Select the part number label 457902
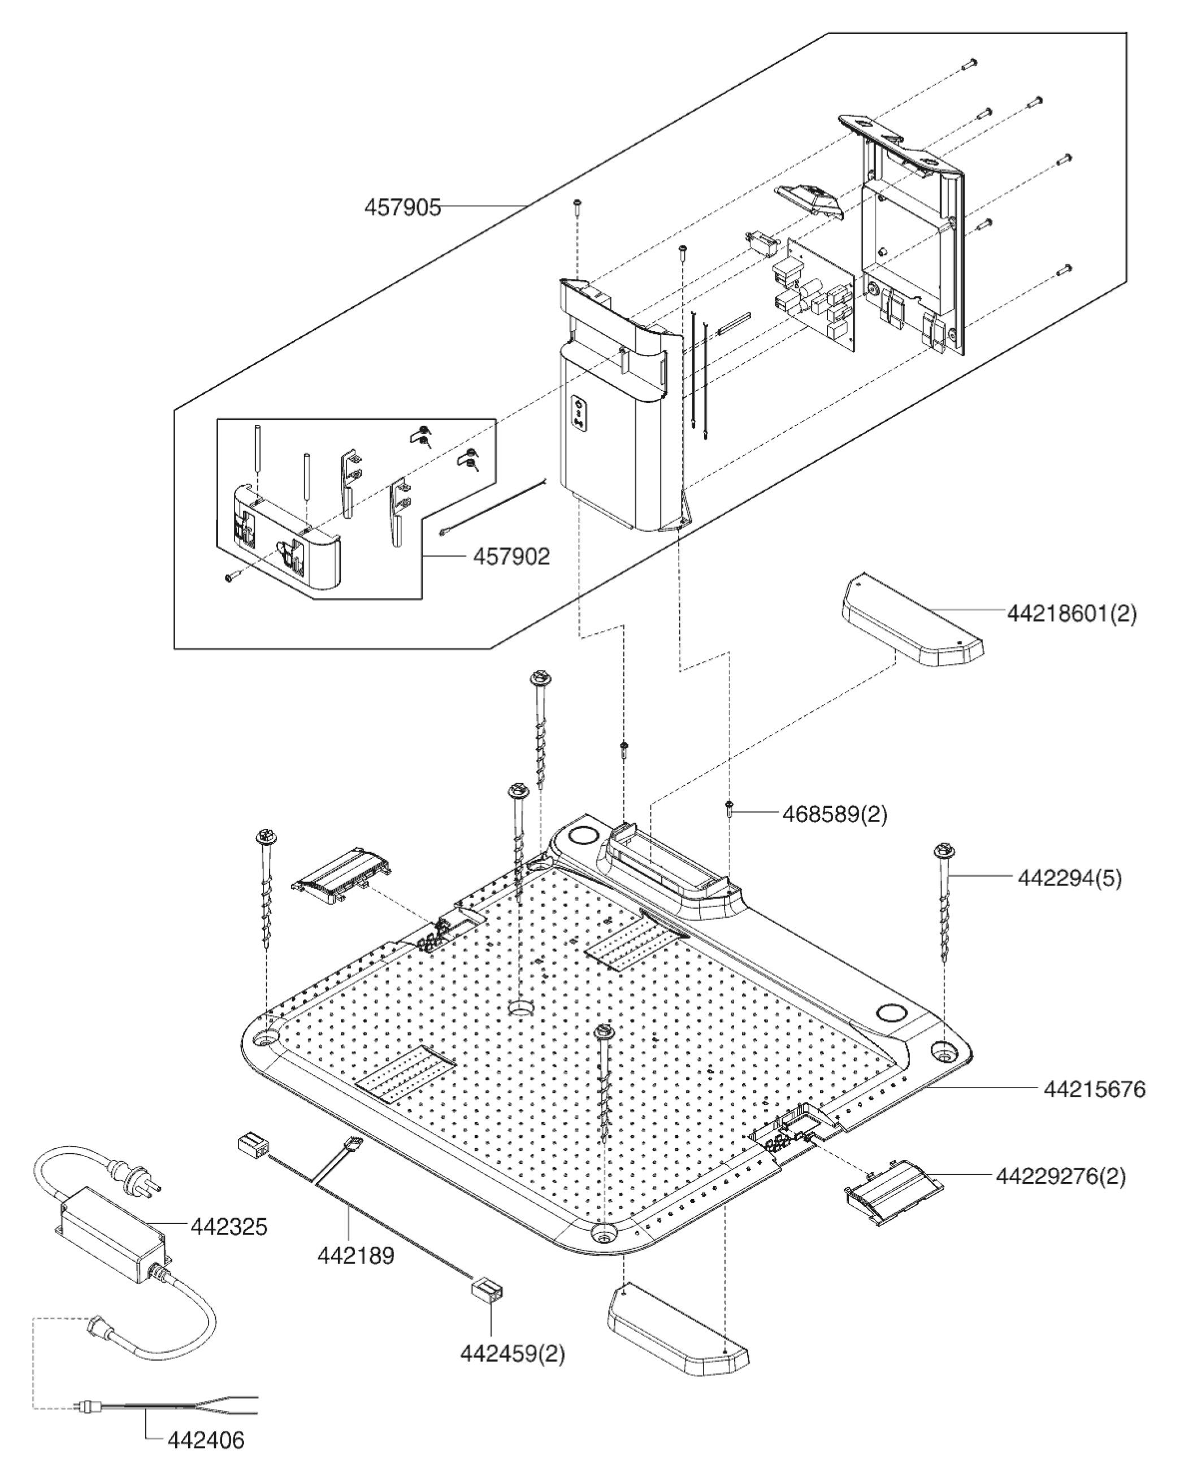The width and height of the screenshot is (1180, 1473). coord(511,557)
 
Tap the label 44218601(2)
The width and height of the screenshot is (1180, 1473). coord(1071,614)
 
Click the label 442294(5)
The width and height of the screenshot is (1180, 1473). coord(1069,878)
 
